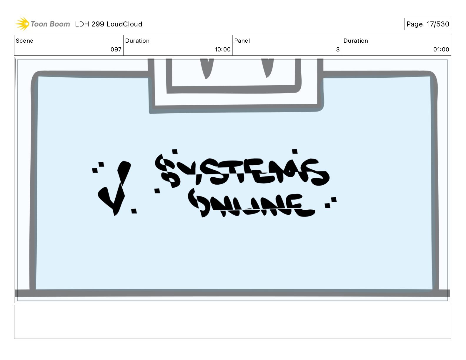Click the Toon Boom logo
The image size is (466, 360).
coord(42,24)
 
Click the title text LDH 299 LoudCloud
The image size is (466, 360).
coord(108,24)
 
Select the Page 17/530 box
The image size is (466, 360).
coord(427,24)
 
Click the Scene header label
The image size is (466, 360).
coord(24,41)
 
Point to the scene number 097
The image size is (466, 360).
coord(116,49)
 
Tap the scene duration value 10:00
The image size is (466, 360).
coord(222,49)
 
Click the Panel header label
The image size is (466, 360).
coord(242,41)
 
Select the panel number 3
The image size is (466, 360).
coord(338,49)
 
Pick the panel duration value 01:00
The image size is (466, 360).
coord(441,49)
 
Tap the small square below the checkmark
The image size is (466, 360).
coord(134,211)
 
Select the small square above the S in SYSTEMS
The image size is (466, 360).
coord(175,151)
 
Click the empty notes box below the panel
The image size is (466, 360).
coord(232,322)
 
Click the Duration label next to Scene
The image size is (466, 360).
coord(137,41)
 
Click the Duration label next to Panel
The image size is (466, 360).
coord(356,41)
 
